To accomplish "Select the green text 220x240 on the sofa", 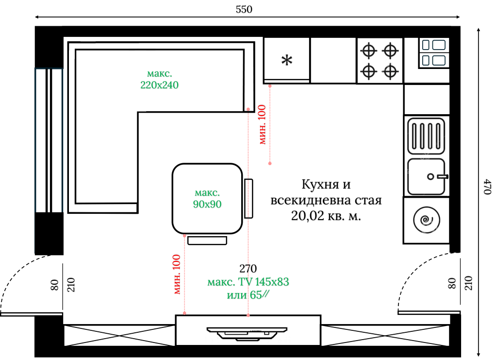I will tap(160, 85).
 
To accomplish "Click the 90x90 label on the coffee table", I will tap(207, 205).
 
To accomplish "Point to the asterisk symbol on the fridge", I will tap(287, 60).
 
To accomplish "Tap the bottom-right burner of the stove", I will tap(390, 71).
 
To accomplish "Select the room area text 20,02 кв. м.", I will tap(326, 217).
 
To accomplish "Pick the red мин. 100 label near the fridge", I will tap(262, 124).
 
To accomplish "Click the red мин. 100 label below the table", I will tap(177, 274).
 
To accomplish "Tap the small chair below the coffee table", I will tap(207, 240).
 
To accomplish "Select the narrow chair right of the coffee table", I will tap(248, 198).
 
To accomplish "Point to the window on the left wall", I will tap(49, 140).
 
